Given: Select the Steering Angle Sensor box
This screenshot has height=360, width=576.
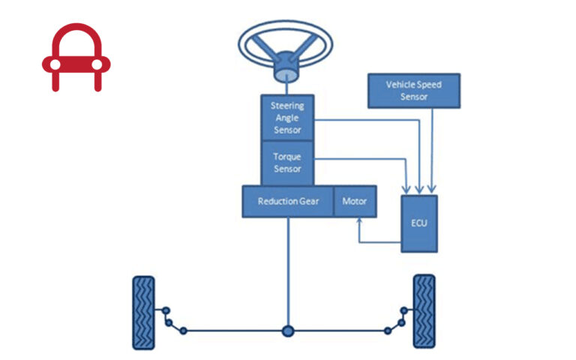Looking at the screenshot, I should click(287, 118).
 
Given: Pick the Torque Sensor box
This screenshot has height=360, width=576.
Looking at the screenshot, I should click(287, 163).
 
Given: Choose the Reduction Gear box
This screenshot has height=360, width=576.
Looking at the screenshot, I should click(287, 202).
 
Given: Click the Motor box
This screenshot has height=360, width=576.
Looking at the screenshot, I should click(355, 202).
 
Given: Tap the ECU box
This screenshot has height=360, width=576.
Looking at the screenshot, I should click(418, 223).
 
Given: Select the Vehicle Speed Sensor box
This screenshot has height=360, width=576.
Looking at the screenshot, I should click(413, 91).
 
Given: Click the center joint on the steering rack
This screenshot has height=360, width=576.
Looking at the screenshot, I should click(287, 330).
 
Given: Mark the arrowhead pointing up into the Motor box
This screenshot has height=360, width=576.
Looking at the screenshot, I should click(359, 220).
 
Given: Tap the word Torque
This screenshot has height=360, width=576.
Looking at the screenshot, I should click(287, 158).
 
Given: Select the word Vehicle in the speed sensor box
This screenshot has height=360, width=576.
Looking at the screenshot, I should click(400, 85).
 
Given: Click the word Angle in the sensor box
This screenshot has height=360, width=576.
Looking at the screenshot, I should click(287, 118).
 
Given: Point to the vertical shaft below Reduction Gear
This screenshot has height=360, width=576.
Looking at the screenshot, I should click(287, 270).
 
